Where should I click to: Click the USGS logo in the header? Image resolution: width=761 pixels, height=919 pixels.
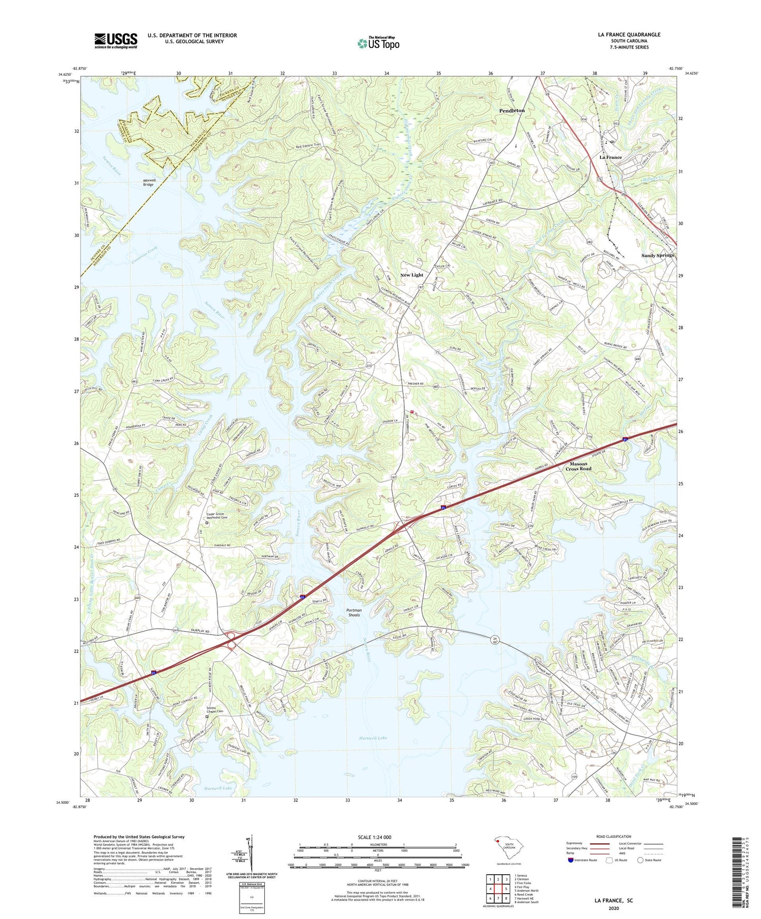click(x=115, y=41)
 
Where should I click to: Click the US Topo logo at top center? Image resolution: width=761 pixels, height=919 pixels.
click(x=378, y=43)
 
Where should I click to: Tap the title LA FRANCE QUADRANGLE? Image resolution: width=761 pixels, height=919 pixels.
click(x=629, y=35)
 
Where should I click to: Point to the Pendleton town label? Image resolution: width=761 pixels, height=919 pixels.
click(x=512, y=111)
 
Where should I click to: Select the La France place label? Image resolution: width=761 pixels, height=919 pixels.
click(x=610, y=157)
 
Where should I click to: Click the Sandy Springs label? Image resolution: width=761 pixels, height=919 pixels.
click(x=657, y=255)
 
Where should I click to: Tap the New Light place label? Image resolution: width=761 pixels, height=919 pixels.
click(x=411, y=275)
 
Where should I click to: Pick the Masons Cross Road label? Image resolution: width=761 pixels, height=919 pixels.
click(x=578, y=466)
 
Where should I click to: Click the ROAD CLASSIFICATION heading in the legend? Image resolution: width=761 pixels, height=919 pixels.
click(x=614, y=836)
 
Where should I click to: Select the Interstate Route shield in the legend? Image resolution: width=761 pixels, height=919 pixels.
click(x=571, y=860)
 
